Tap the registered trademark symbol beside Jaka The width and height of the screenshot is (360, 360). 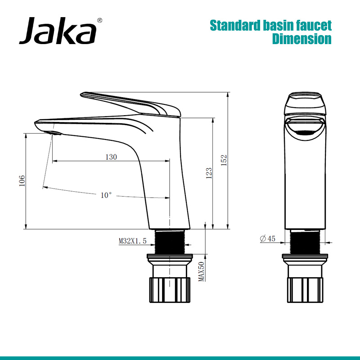point(99,20)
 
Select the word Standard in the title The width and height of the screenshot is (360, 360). point(235,25)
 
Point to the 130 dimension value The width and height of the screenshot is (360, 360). point(111,157)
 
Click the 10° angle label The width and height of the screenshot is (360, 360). point(106,195)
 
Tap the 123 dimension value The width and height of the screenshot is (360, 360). point(209,173)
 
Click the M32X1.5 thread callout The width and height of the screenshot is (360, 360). point(133,241)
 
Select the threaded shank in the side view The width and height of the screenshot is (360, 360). point(170,242)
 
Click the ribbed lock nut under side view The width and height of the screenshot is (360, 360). point(170,291)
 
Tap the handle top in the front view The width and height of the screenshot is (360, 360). point(305,103)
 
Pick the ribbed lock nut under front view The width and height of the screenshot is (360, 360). point(305,291)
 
